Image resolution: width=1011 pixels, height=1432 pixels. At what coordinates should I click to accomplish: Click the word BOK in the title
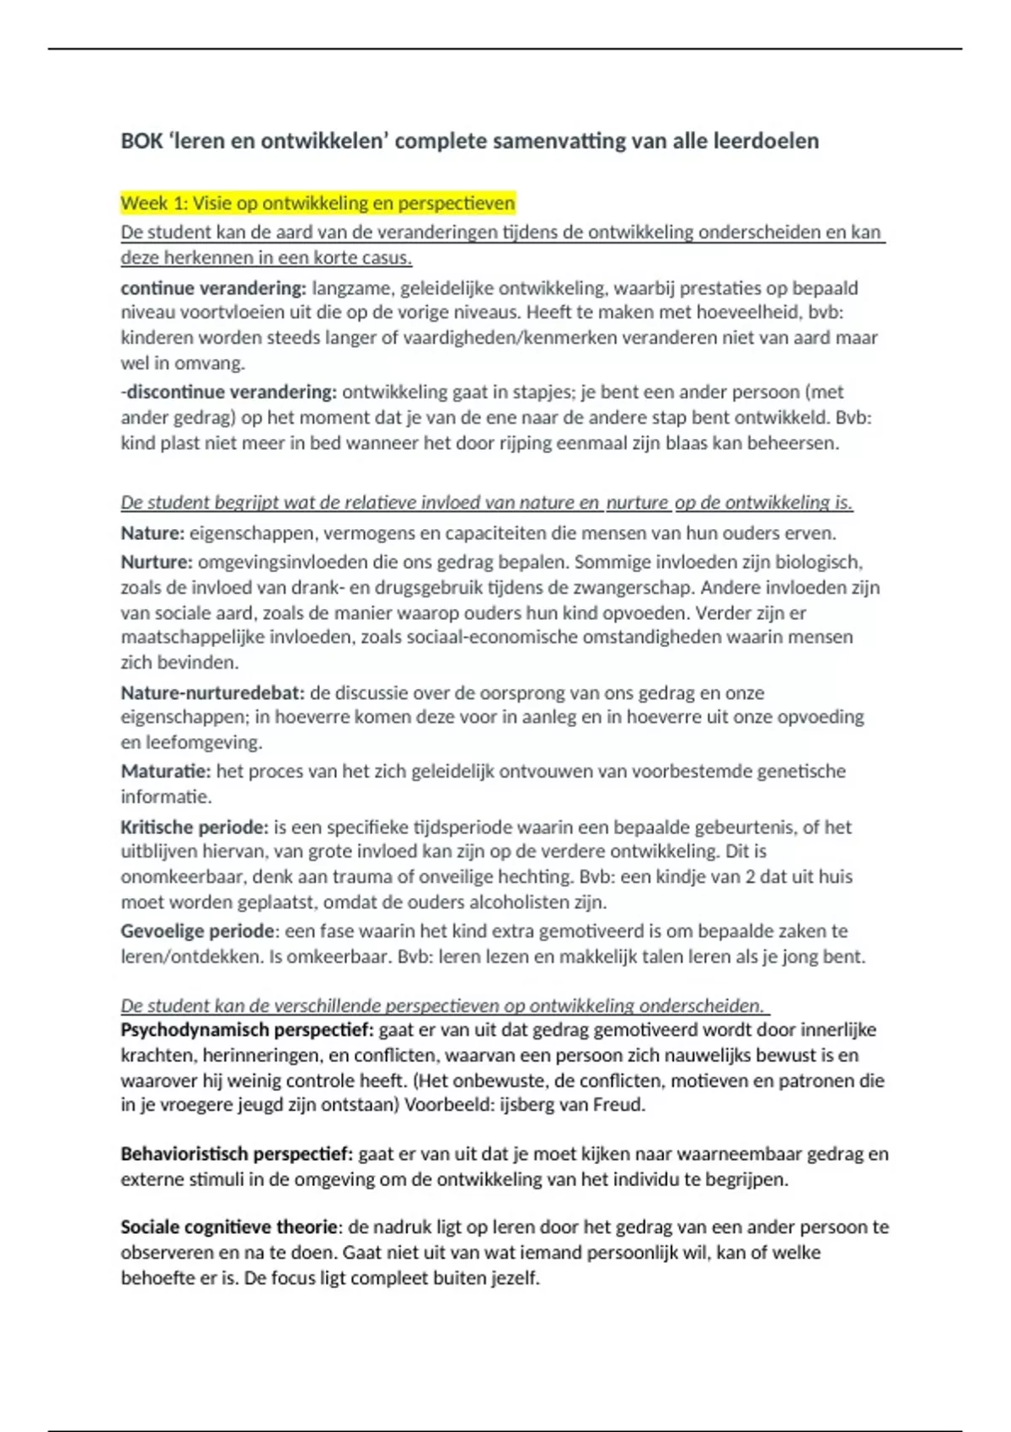coord(142,141)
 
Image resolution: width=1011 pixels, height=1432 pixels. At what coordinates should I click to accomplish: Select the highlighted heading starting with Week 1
coord(317,203)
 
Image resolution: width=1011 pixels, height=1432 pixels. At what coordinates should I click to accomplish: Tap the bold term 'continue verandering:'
coord(213,288)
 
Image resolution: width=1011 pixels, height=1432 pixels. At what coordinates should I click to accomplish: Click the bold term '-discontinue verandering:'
coord(228,392)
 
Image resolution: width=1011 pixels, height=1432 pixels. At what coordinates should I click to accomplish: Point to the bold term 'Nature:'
coord(152,533)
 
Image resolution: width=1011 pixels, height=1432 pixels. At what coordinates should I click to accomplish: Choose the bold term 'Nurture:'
coord(157,562)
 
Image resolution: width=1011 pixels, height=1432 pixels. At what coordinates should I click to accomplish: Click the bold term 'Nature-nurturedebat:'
coord(212,693)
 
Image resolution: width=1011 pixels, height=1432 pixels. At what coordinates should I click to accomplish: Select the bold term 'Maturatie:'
coord(165,771)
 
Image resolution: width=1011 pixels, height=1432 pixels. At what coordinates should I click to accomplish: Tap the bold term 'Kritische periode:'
coord(194,827)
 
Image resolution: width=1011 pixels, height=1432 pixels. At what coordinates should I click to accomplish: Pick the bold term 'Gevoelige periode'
coord(197,931)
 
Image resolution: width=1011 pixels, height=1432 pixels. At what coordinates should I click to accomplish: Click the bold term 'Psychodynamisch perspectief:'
coord(247,1029)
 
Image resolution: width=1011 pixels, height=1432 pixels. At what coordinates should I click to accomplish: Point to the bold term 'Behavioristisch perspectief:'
coord(237,1154)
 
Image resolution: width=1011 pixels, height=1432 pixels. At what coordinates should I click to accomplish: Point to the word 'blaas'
coord(688,443)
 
